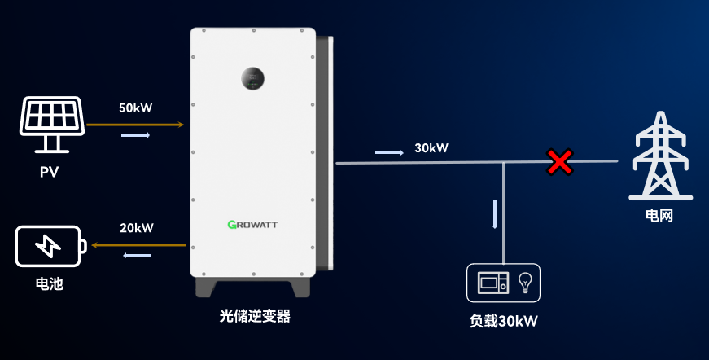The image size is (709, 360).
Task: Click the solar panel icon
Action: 51,124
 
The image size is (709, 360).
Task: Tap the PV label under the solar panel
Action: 50,173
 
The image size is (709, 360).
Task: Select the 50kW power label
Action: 136,108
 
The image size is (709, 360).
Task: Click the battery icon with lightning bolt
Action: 50,246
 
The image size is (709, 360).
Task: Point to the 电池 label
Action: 50,283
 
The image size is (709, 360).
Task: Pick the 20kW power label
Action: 137,228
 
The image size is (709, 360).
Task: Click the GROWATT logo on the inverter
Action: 252,224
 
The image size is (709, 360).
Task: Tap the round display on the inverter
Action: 252,79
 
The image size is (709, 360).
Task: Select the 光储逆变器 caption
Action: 255,316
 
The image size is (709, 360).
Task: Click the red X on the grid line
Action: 560,162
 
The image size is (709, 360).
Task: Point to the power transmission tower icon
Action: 661,156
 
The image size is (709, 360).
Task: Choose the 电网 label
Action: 659,215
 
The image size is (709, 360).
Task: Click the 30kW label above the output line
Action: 431,148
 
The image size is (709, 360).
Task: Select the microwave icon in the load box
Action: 493,283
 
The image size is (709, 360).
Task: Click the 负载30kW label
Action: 504,321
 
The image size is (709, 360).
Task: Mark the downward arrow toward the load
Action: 495,214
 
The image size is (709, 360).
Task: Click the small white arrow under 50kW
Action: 136,135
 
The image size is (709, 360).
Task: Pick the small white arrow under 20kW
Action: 137,256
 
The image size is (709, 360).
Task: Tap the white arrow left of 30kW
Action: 389,153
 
